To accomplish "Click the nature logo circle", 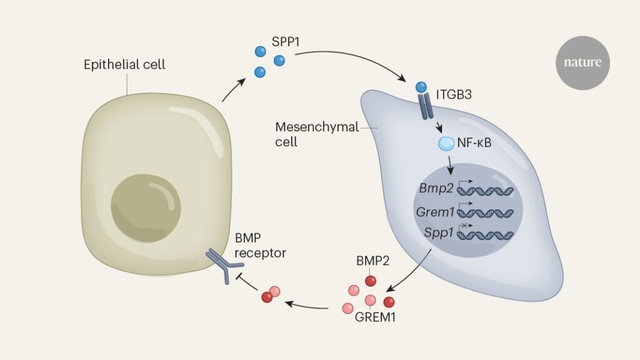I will point(582,62).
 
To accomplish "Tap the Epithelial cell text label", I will point(124,64).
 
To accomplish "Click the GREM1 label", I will point(376,316).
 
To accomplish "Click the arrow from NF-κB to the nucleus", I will point(451,166).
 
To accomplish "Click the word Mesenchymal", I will point(317,127).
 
